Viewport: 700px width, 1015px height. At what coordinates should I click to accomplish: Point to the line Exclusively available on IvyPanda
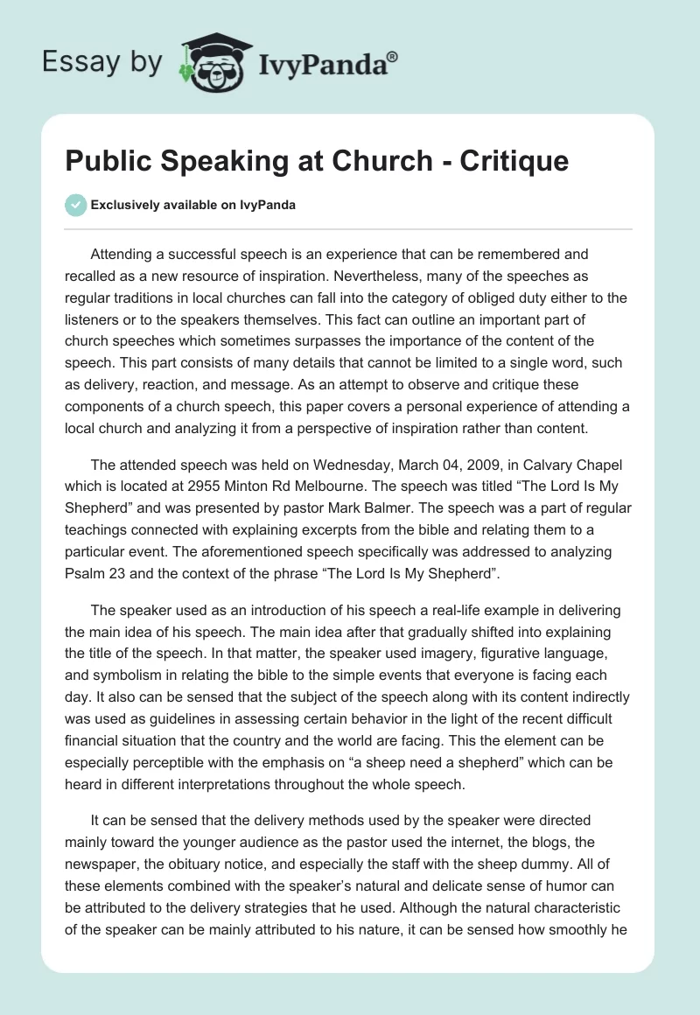click(193, 205)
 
